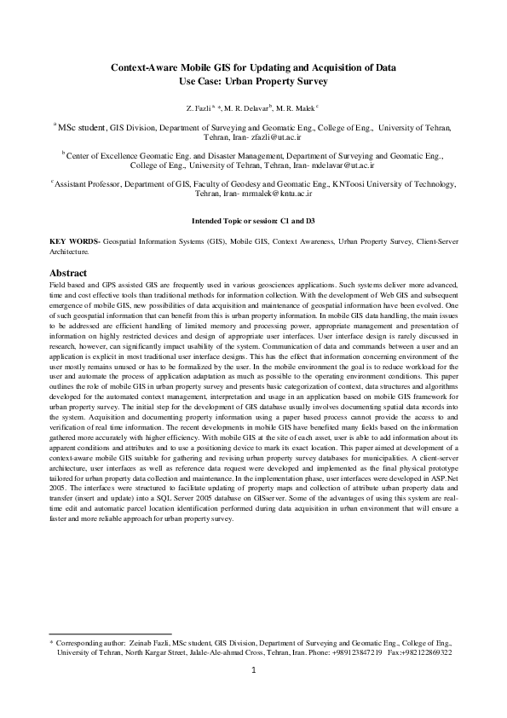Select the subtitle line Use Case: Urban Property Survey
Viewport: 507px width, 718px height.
(x=253, y=81)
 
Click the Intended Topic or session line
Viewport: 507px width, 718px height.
(x=253, y=220)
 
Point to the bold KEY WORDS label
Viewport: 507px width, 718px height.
(x=69, y=243)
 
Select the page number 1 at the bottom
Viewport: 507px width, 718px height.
(x=254, y=694)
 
